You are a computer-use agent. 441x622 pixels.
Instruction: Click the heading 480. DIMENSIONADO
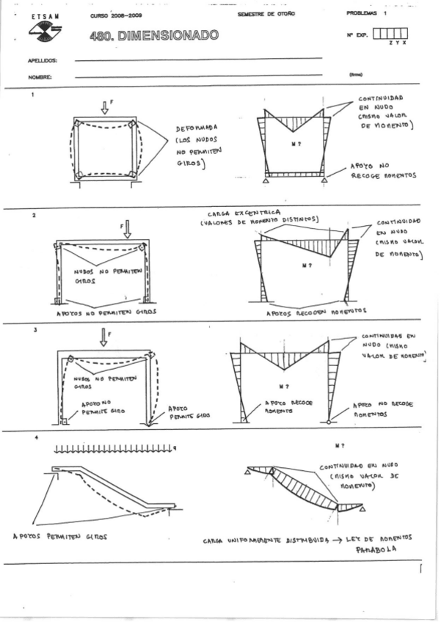coord(153,35)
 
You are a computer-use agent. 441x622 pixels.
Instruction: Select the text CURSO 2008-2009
coord(113,15)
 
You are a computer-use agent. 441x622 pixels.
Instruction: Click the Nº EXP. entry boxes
coord(390,34)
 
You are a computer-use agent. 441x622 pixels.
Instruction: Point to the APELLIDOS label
coord(43,62)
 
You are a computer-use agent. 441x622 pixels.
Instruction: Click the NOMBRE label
coord(40,77)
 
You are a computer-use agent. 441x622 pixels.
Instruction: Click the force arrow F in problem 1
coord(105,107)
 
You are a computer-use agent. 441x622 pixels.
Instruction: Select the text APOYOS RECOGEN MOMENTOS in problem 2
coord(307,311)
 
